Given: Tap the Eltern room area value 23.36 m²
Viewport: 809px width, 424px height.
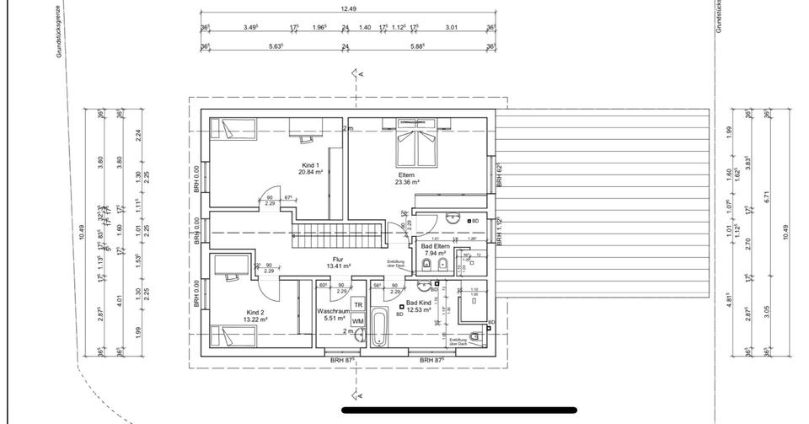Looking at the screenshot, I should tap(408, 181).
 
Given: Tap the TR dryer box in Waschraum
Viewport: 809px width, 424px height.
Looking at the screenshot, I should tap(357, 304).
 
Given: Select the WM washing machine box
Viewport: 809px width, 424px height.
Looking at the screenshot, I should tap(357, 321).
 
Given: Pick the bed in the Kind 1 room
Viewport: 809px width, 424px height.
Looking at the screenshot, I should tap(231, 129).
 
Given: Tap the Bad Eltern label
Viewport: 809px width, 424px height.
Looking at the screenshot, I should tap(436, 245).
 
